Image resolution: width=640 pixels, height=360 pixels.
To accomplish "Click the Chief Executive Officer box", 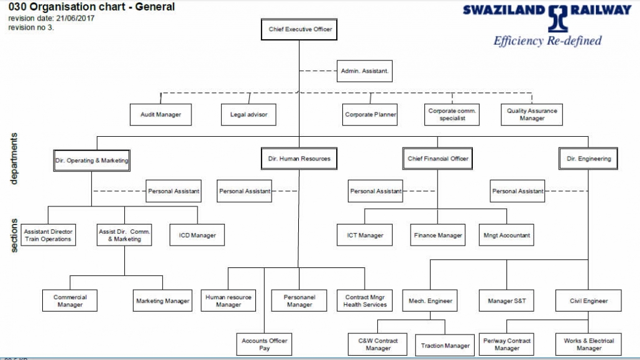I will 299,29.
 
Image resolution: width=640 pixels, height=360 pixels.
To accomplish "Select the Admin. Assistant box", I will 365,71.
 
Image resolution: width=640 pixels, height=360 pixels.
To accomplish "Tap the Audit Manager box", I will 160,114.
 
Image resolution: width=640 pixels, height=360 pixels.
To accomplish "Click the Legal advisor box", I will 249,114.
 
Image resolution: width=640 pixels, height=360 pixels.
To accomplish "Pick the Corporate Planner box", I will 370,114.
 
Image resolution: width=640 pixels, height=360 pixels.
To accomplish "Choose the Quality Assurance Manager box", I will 532,114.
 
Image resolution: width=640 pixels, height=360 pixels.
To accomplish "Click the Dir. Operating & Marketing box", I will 92,160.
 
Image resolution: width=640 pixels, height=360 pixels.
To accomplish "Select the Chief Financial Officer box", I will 437,159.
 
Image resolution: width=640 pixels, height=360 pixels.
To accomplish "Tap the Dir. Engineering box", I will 588,159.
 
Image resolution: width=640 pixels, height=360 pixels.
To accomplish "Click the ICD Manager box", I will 197,235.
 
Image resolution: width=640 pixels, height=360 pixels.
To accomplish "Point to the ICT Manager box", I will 365,235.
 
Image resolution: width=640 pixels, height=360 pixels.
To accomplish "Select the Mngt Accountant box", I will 506,235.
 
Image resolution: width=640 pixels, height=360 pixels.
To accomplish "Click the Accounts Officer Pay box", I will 264,344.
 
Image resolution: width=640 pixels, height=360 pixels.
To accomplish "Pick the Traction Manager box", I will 445,345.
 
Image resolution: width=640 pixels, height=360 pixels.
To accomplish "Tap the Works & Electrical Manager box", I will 588,344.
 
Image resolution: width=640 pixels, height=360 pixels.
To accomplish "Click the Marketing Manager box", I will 162,301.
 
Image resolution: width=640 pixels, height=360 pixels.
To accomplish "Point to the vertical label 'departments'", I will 14,158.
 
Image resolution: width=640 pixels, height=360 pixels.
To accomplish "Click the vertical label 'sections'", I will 14,235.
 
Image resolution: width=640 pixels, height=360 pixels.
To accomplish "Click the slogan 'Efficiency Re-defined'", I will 547,41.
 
